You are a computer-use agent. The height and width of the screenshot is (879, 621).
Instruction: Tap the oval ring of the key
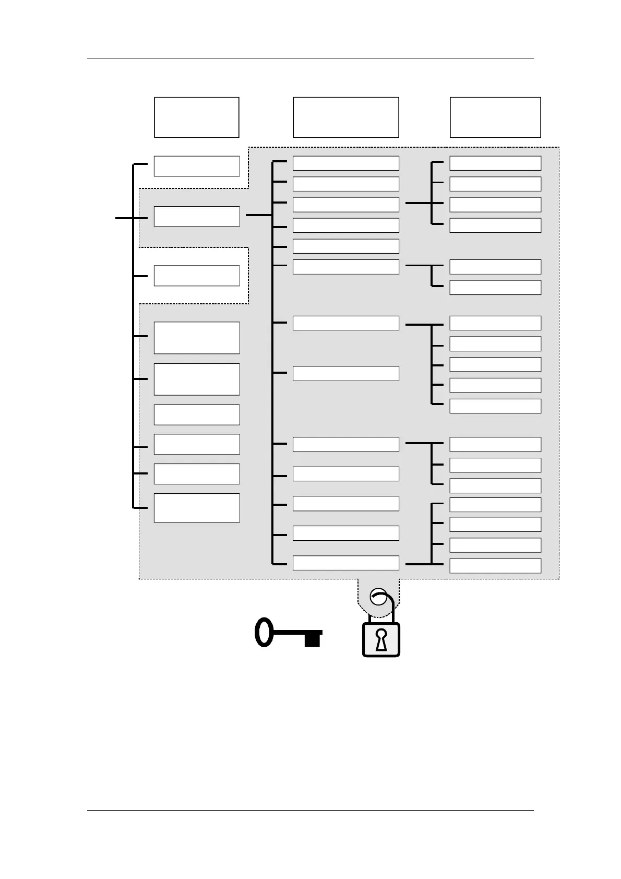coord(264,632)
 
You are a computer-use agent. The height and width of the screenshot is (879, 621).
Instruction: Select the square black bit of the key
coord(312,639)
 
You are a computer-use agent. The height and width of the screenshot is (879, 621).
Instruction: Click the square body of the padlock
coord(381,639)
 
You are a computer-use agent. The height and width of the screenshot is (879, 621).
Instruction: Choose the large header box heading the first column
coord(197,117)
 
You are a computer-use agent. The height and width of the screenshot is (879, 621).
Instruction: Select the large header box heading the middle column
coord(346,117)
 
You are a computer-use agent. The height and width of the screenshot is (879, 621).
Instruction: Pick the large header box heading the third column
coord(495,117)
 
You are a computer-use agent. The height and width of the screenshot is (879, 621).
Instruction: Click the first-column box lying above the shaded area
coord(197,166)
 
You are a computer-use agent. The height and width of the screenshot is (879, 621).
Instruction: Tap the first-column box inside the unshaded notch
coord(197,276)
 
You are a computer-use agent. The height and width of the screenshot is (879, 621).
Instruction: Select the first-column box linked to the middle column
coord(197,216)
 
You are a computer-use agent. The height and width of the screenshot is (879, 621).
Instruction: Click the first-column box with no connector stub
coord(197,414)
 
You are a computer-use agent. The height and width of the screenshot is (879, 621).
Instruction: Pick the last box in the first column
coord(197,508)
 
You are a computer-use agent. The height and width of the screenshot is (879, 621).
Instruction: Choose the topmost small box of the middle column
coord(346,163)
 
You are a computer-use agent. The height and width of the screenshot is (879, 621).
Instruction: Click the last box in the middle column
coord(346,563)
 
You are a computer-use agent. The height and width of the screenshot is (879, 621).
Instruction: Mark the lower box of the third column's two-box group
coord(495,288)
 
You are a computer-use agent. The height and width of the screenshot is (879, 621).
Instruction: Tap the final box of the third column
coord(495,566)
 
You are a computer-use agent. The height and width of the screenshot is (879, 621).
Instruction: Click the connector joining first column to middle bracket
coord(258,215)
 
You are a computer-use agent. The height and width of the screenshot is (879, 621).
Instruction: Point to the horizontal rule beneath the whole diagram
coord(310,811)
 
